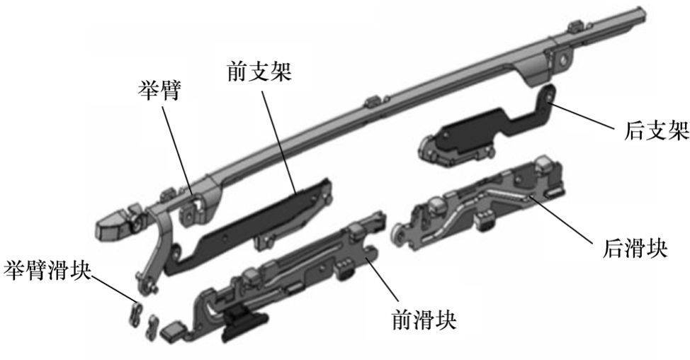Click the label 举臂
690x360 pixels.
click(159, 91)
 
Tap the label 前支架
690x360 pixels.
click(260, 72)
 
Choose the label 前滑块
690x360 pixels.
click(424, 320)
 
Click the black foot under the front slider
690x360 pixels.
click(244, 322)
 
